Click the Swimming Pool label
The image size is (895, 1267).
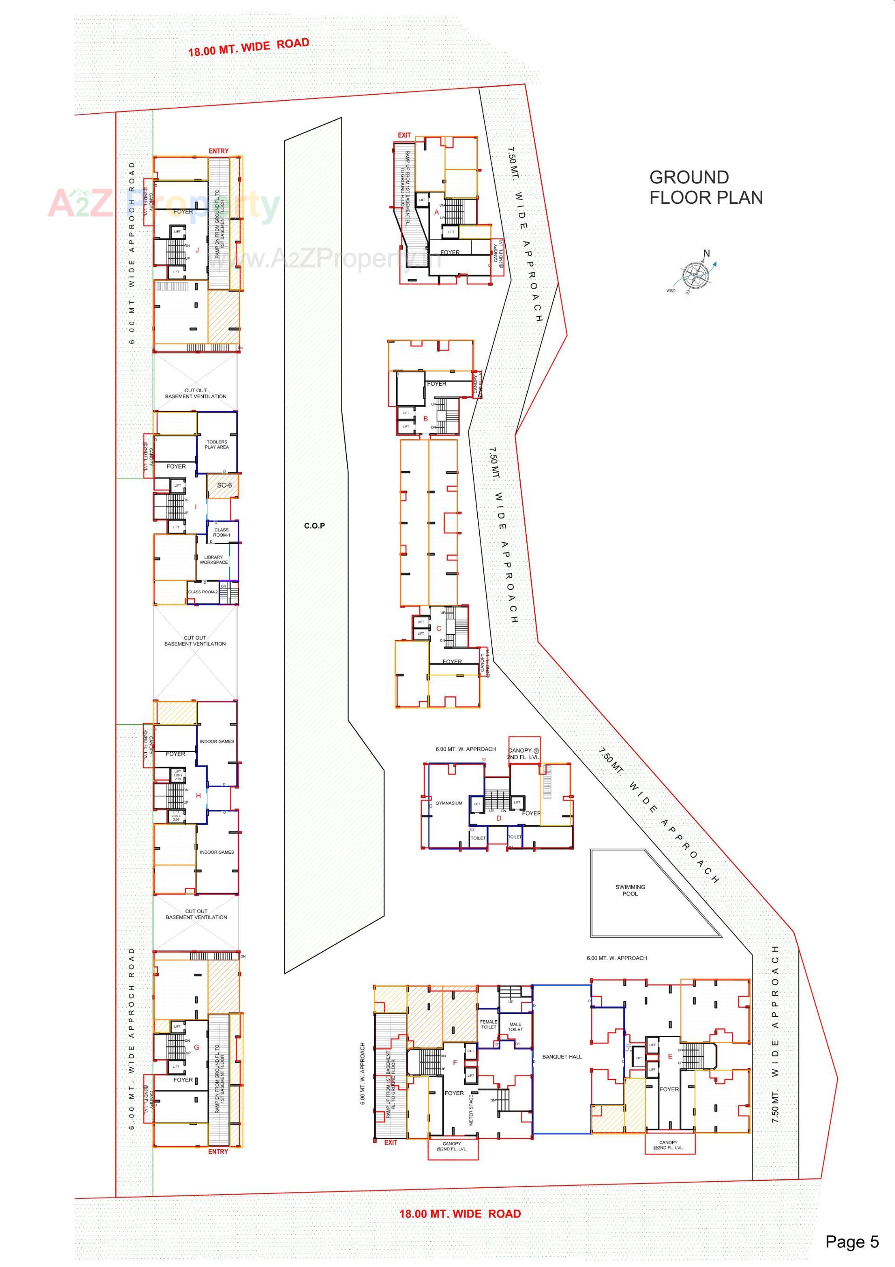pyautogui.click(x=630, y=890)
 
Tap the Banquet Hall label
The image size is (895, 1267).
pyautogui.click(x=562, y=1056)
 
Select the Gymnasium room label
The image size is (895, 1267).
pyautogui.click(x=448, y=803)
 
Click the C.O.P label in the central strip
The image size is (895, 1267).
pyautogui.click(x=315, y=526)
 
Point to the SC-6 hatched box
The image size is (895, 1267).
pyautogui.click(x=224, y=485)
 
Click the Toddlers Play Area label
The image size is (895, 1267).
pyautogui.click(x=217, y=444)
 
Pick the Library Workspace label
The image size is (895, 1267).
pyautogui.click(x=213, y=560)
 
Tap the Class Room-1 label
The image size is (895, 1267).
pyautogui.click(x=221, y=532)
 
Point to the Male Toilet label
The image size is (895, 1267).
pyautogui.click(x=516, y=1026)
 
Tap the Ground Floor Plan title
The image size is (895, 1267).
pyautogui.click(x=705, y=187)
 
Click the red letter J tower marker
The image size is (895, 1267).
pyautogui.click(x=197, y=250)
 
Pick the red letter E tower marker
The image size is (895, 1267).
pyautogui.click(x=670, y=1056)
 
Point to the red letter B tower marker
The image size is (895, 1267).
pyautogui.click(x=426, y=418)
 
